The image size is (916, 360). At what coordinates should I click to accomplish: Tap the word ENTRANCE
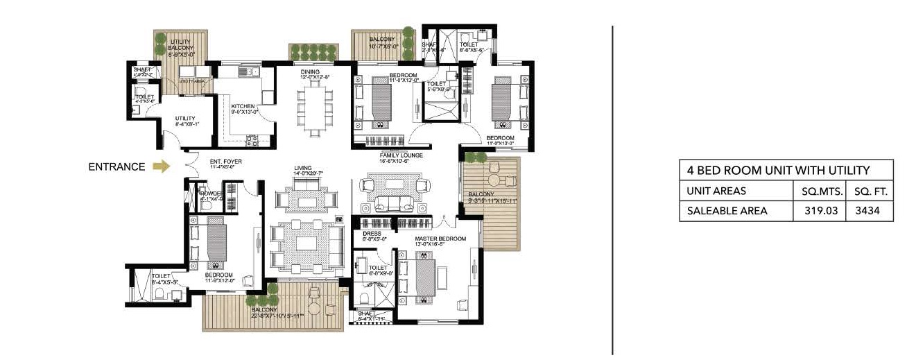[x=116, y=166]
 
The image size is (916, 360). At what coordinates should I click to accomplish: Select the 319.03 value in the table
[x=820, y=211]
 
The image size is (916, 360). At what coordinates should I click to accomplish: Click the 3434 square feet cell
[x=870, y=211]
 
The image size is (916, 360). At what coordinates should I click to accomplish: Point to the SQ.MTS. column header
[x=820, y=191]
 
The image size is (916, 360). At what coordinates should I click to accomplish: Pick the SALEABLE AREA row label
[x=727, y=211]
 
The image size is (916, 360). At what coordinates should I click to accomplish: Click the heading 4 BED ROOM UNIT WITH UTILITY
[x=778, y=170]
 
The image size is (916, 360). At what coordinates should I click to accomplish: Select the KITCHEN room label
[x=243, y=106]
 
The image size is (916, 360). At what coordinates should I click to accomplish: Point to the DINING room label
[x=309, y=71]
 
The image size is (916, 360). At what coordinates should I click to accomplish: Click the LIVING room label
[x=303, y=167]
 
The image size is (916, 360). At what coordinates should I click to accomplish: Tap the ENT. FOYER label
[x=226, y=162]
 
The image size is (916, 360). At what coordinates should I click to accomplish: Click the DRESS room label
[x=372, y=234]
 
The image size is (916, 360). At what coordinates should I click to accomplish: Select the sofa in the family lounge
[x=394, y=203]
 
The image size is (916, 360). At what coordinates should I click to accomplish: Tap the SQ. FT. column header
[x=870, y=191]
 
